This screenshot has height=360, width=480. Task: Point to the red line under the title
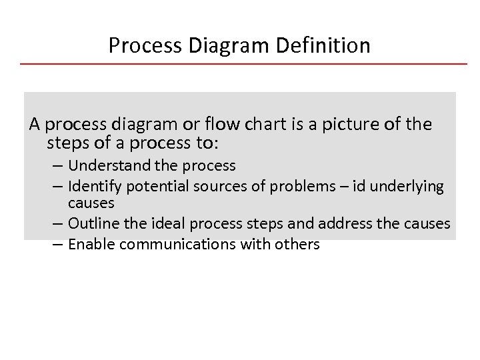(x=243, y=64)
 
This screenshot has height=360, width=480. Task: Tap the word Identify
(x=94, y=186)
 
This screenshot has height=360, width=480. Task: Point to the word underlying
(x=406, y=186)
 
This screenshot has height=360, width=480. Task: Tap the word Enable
(x=91, y=244)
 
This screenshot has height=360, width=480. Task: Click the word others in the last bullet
(x=297, y=244)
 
